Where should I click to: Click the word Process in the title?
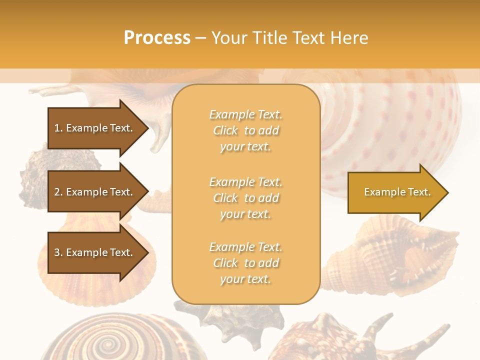point(157,38)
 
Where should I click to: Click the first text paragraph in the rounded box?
point(245,130)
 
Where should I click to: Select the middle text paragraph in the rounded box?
point(245,198)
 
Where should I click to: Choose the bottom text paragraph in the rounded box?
point(245,263)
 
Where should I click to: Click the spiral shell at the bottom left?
point(105,340)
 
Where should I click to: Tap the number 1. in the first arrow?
point(58,128)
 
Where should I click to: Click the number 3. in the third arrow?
point(58,252)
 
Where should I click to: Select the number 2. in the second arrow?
point(58,192)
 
